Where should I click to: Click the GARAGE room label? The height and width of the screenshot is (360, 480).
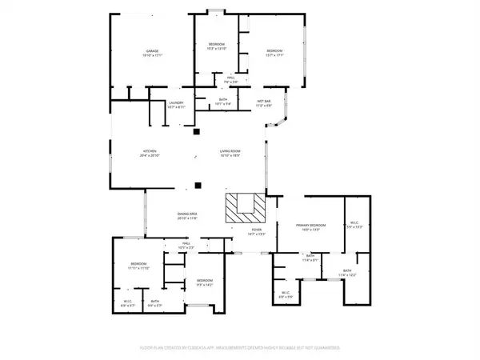point(151,53)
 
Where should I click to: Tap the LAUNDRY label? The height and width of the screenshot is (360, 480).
point(176,104)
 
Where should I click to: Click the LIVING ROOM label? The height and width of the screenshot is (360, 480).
point(231,154)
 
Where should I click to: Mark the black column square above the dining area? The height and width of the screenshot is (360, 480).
point(197,186)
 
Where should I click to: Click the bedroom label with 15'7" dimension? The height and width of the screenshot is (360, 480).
point(274,53)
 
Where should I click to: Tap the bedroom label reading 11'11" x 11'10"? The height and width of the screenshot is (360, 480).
point(139,266)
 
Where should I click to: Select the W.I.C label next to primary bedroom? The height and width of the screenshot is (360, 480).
point(356,225)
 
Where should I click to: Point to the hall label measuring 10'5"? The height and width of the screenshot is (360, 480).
point(185,245)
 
